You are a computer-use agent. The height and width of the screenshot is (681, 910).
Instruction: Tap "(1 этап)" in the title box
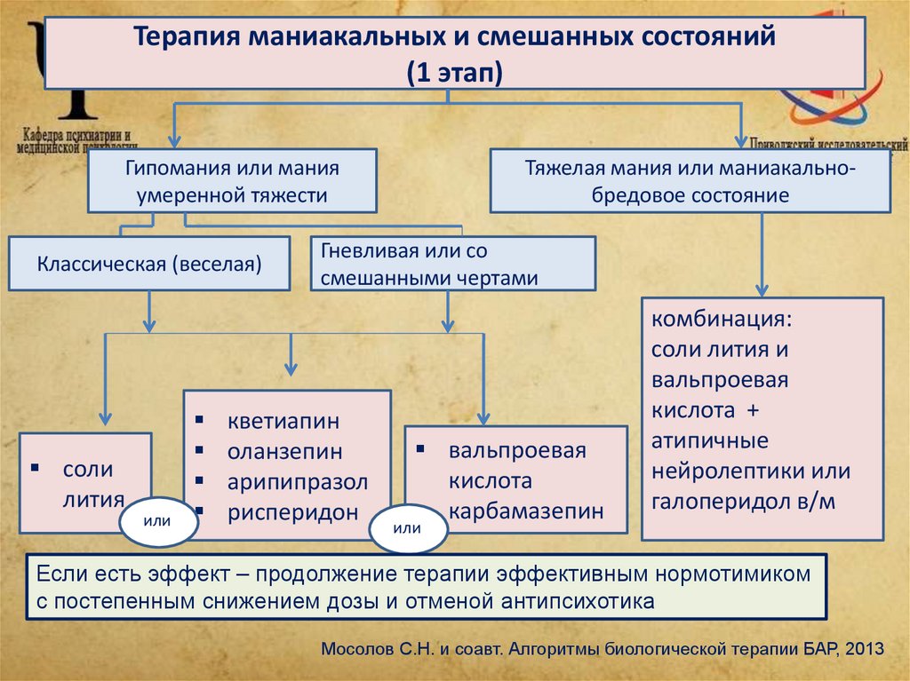(x=455, y=72)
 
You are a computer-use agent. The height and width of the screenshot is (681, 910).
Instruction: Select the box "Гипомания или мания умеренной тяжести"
(x=232, y=180)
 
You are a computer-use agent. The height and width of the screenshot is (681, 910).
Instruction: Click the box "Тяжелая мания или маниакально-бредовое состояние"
(x=690, y=180)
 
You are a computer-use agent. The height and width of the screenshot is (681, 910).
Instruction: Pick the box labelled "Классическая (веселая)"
(x=149, y=263)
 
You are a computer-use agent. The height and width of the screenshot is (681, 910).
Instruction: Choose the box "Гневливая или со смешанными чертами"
(x=453, y=263)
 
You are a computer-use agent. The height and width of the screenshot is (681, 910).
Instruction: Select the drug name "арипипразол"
(x=297, y=481)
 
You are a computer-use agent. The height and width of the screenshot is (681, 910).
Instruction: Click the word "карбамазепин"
(x=526, y=511)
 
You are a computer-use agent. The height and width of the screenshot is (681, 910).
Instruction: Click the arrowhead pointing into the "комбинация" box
(x=762, y=290)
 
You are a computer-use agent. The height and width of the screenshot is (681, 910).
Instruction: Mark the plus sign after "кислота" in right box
(x=754, y=410)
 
